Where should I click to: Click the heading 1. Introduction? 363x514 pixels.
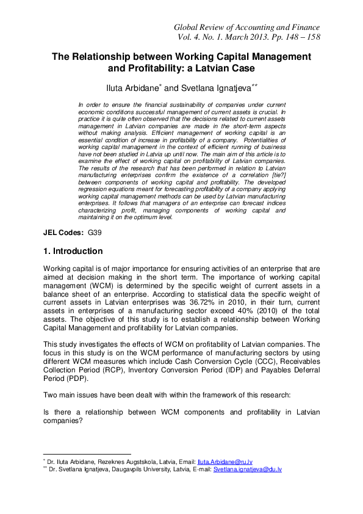click(x=73, y=252)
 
